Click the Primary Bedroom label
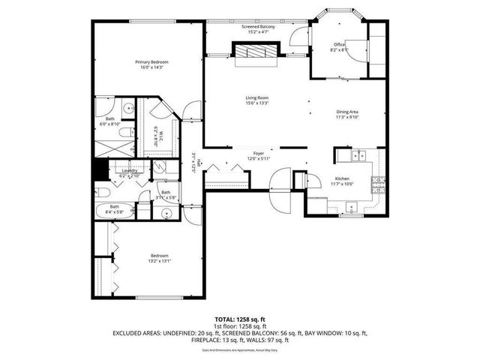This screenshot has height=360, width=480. pos(151,61)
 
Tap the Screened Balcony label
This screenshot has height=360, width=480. pos(257,27)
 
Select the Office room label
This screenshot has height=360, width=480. pos(339,45)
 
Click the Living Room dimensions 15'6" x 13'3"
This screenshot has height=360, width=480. pos(256,103)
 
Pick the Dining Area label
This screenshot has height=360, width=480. pos(347,112)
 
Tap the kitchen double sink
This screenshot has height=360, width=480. pos(358,157)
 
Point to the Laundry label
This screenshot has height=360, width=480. pos(130,170)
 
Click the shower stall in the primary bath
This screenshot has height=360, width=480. pos(115,148)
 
